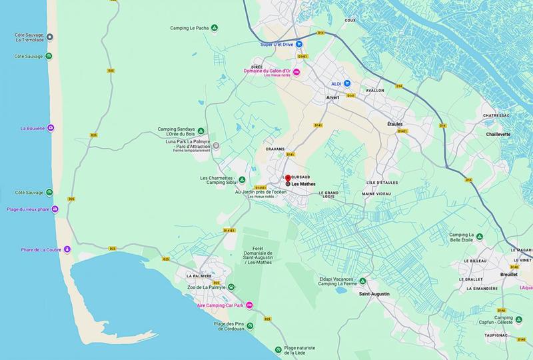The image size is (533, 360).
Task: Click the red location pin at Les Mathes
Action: coord(288,178)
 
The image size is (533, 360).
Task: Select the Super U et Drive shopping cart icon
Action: coord(300,45)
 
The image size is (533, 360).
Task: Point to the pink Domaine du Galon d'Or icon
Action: coord(297,71)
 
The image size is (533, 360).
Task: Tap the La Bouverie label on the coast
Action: coord(32,128)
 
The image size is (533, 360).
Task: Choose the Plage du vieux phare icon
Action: coord(55,209)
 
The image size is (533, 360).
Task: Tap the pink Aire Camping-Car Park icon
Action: coord(249,305)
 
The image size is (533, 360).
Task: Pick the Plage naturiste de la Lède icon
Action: coord(278,349)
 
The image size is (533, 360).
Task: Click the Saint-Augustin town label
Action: coord(373,294)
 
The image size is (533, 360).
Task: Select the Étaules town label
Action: coord(395,124)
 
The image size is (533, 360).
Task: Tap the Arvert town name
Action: coord(332,98)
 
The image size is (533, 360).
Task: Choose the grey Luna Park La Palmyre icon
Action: coord(215,145)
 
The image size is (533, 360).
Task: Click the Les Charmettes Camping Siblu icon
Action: coord(243,180)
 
